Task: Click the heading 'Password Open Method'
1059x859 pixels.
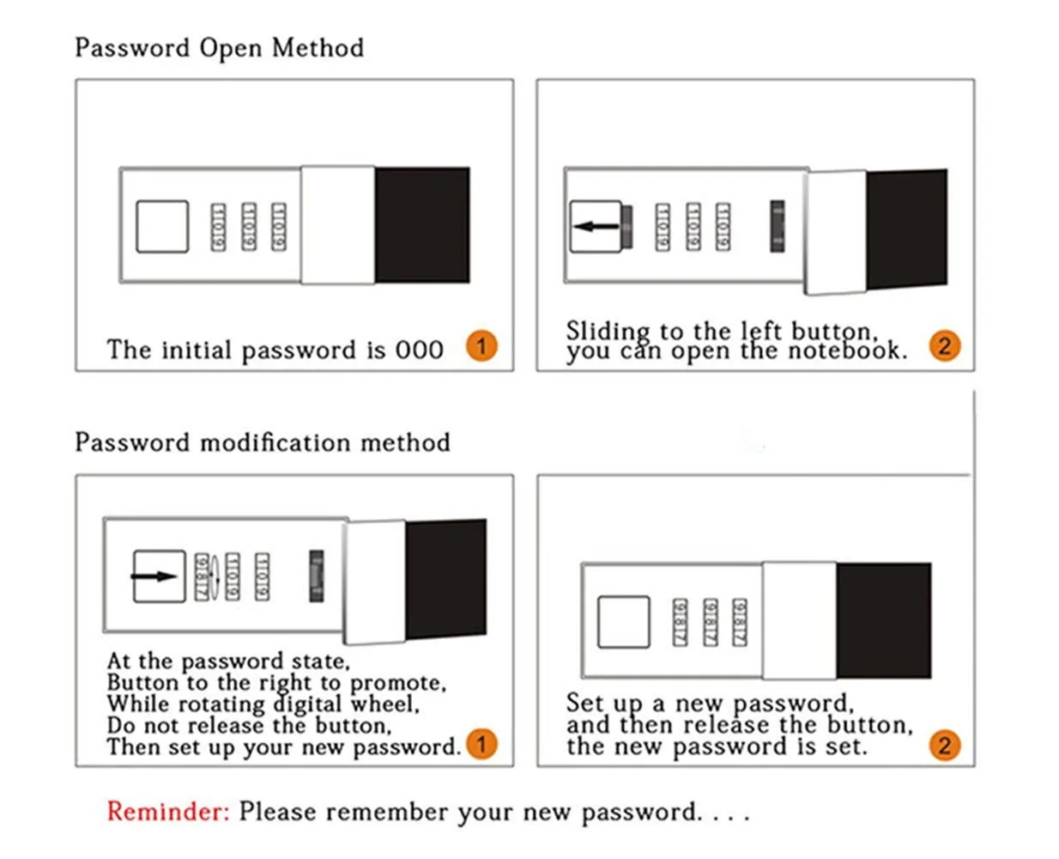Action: click(x=219, y=48)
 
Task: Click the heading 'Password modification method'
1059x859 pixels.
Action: click(x=262, y=442)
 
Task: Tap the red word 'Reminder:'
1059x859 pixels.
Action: click(x=168, y=812)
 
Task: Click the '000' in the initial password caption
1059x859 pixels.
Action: click(x=419, y=350)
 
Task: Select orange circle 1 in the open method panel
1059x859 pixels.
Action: click(x=481, y=346)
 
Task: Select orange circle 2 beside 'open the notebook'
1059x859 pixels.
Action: click(x=944, y=346)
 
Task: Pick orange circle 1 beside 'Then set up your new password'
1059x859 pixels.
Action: click(x=481, y=744)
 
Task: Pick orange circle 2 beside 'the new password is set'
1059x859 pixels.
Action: click(x=944, y=745)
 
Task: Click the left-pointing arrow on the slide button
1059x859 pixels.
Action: click(x=596, y=227)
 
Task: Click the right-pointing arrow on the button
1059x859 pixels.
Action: click(x=157, y=576)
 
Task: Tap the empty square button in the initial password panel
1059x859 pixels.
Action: click(x=162, y=227)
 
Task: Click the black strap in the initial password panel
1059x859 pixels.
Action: click(x=421, y=225)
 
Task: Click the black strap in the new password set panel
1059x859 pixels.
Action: click(x=883, y=620)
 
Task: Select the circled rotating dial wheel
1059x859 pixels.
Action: click(x=204, y=576)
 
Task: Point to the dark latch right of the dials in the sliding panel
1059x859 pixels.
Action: click(x=777, y=227)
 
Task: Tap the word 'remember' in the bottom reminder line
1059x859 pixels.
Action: click(x=390, y=813)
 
